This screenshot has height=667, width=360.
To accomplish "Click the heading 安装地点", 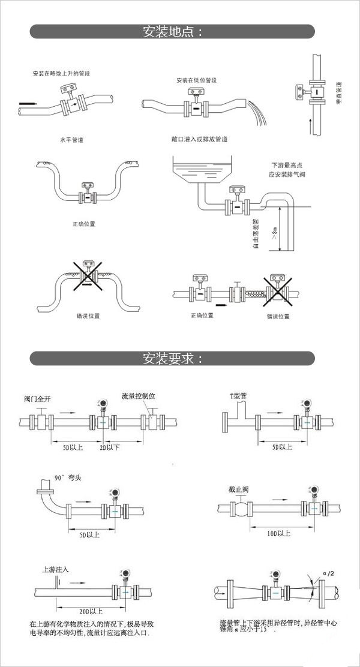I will [x=172, y=32].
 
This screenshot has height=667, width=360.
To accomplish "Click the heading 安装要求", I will [x=172, y=359].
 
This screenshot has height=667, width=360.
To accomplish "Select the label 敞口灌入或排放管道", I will [x=199, y=139].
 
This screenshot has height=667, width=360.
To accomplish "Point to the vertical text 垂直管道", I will [x=339, y=94].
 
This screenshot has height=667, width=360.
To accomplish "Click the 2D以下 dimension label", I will [x=110, y=447].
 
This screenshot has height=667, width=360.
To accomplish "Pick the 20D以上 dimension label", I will [x=91, y=611].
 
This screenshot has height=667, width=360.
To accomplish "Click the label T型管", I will [x=239, y=396].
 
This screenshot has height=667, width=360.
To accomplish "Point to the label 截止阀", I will [x=238, y=490].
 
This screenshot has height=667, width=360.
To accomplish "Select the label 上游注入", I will [x=55, y=568].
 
